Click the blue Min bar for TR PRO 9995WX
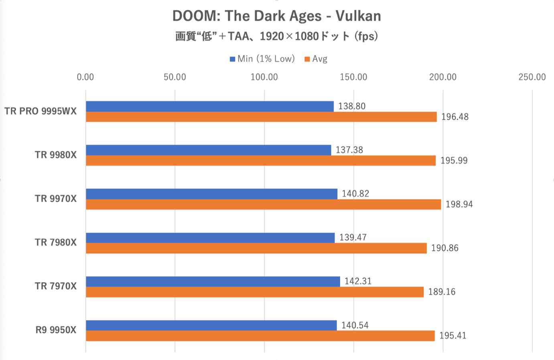tap(209, 106)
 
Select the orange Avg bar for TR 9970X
tap(263, 204)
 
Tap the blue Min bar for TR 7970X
tap(213, 281)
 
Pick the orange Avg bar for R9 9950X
tap(260, 336)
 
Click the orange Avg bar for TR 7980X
tap(256, 248)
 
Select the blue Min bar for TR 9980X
tap(208, 150)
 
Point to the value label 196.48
tap(455, 117)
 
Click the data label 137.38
tap(349, 150)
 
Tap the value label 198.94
tap(459, 204)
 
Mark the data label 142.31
tap(358, 281)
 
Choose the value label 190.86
tap(445, 248)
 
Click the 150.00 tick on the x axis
tap(353, 77)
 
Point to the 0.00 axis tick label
tap(85, 77)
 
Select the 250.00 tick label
tap(532, 77)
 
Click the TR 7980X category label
tap(55, 243)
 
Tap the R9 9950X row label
tap(56, 330)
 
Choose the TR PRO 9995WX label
tap(41, 111)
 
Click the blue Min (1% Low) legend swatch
tap(232, 59)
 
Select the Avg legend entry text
tap(320, 59)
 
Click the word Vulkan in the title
tap(358, 16)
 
